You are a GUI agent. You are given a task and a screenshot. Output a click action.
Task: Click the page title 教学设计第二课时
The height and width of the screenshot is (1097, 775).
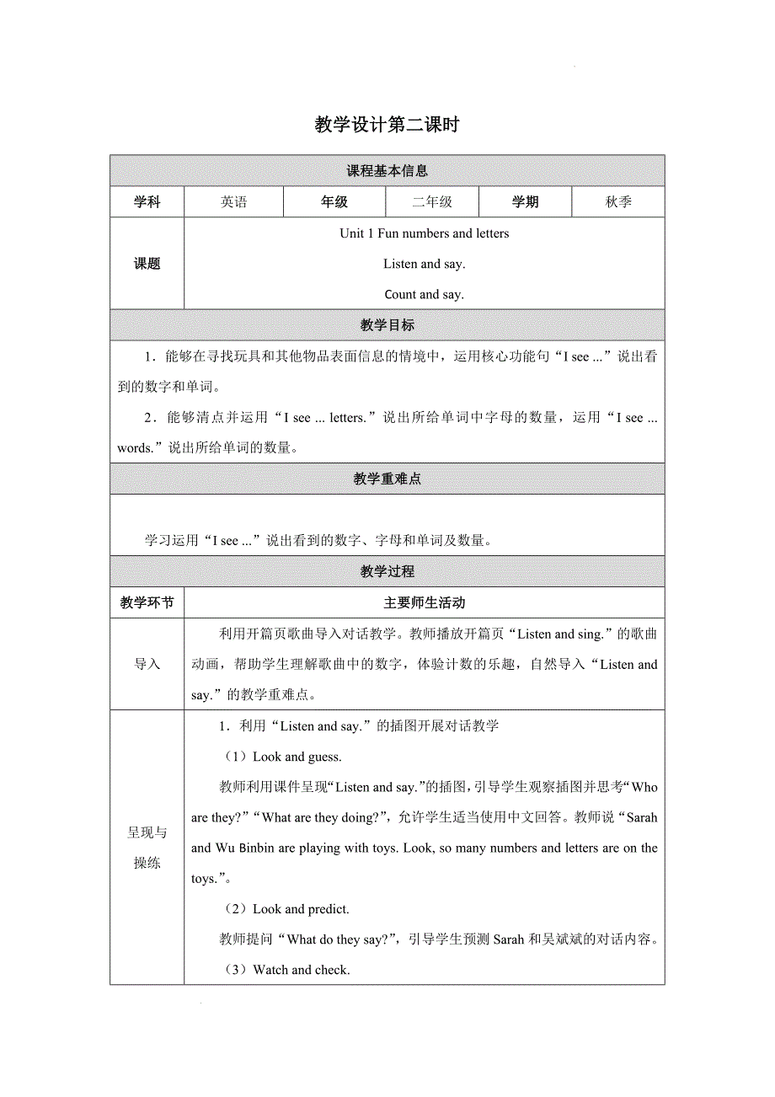point(387,126)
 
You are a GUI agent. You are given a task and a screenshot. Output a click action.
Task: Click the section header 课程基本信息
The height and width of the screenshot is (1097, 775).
point(387,171)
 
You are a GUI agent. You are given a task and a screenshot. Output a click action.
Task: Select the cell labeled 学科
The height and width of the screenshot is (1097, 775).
point(147,202)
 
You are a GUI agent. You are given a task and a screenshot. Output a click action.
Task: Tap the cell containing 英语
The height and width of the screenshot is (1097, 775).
point(234,202)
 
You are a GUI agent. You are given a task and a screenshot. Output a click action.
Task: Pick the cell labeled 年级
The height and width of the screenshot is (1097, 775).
point(334,202)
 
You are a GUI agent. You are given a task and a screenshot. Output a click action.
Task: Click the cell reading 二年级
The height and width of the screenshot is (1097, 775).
point(432,202)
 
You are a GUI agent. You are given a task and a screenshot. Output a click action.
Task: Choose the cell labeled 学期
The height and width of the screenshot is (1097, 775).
point(525,202)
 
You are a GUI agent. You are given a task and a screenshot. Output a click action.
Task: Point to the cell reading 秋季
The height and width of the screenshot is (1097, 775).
point(618,202)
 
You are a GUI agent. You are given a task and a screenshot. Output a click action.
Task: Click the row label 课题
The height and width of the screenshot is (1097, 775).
point(147,264)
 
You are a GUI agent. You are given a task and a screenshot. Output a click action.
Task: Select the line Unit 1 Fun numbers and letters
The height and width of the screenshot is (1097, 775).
point(424,233)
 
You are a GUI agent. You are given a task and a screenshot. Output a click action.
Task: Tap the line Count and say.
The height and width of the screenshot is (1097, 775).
point(424,295)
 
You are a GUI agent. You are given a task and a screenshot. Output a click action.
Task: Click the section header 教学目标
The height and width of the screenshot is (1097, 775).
point(387,325)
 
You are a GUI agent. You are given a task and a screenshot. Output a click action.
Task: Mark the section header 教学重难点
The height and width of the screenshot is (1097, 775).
point(387,479)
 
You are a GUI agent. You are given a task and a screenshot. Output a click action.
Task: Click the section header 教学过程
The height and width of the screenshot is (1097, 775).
point(387,571)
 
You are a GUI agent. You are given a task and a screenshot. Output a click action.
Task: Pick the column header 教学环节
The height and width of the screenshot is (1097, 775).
point(147,603)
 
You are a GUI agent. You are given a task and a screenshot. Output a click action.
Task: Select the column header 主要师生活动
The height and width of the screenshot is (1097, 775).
point(424,603)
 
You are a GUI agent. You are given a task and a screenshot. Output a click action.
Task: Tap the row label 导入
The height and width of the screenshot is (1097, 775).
point(147,665)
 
